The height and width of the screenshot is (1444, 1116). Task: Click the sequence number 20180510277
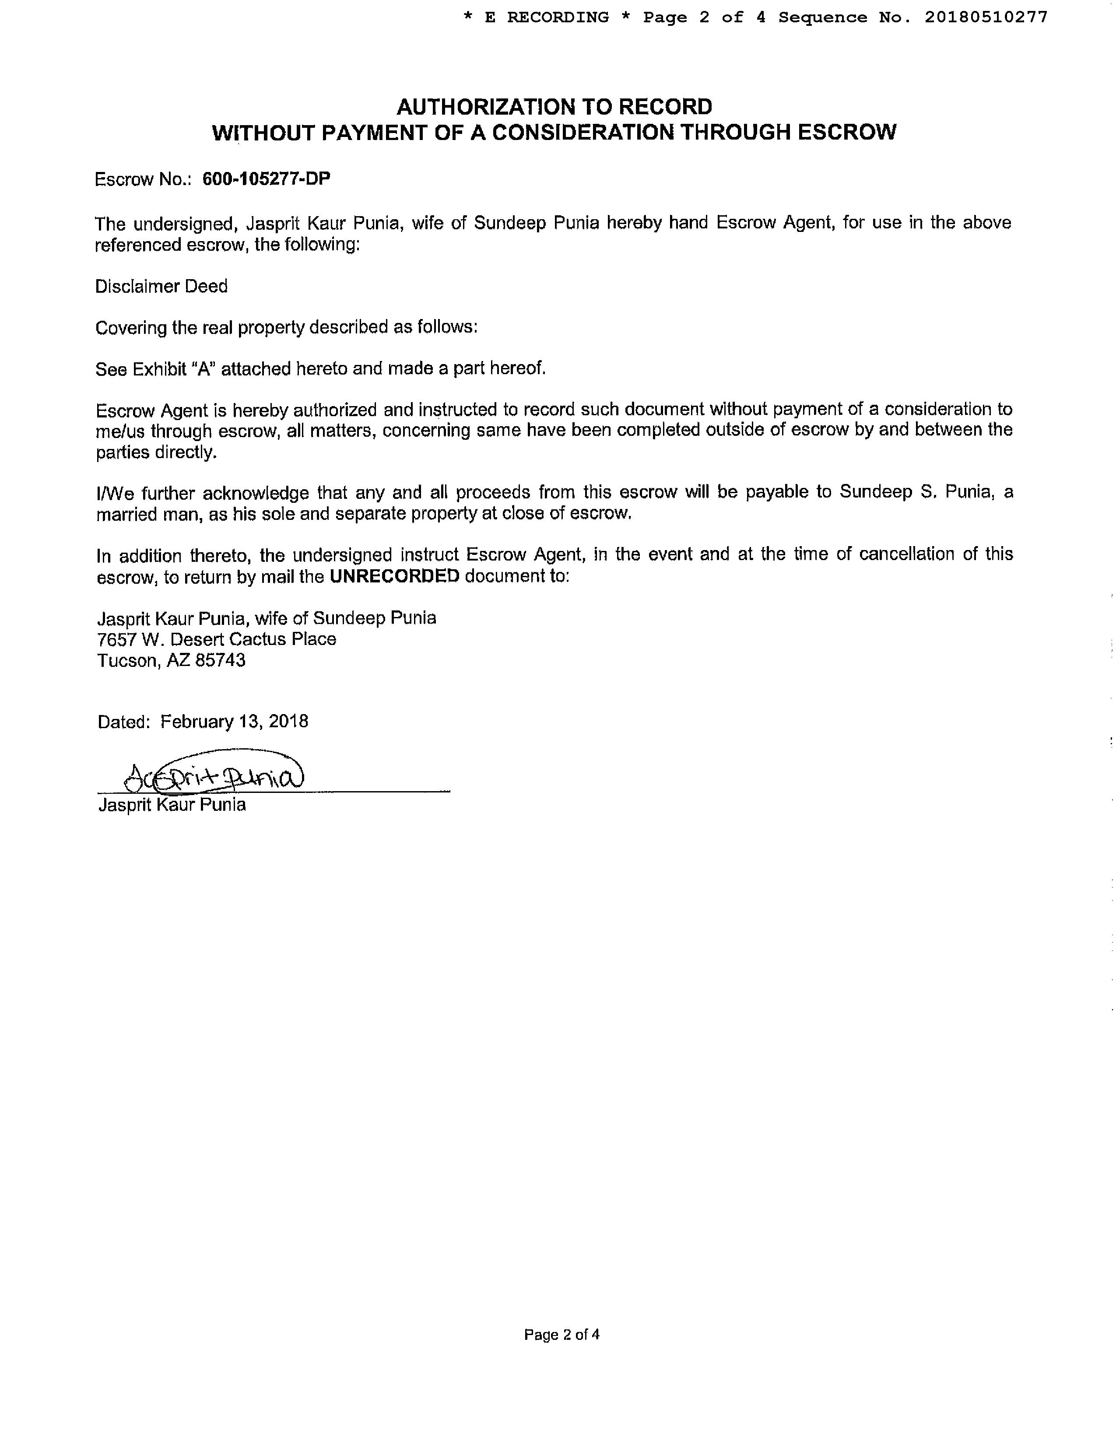(x=986, y=17)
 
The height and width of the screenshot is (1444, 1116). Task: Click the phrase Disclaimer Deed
(x=161, y=286)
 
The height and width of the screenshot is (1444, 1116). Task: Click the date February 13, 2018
(x=234, y=721)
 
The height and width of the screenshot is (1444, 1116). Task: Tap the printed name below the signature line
(x=172, y=805)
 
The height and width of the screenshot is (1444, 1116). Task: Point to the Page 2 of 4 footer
(x=562, y=1334)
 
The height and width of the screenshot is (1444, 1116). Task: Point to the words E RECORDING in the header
(x=546, y=17)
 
